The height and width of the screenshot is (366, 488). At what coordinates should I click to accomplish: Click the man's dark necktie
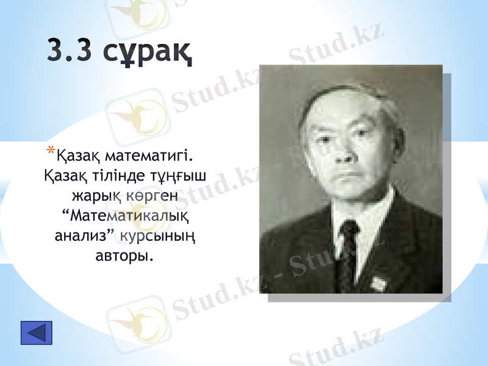tap(348, 250)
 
